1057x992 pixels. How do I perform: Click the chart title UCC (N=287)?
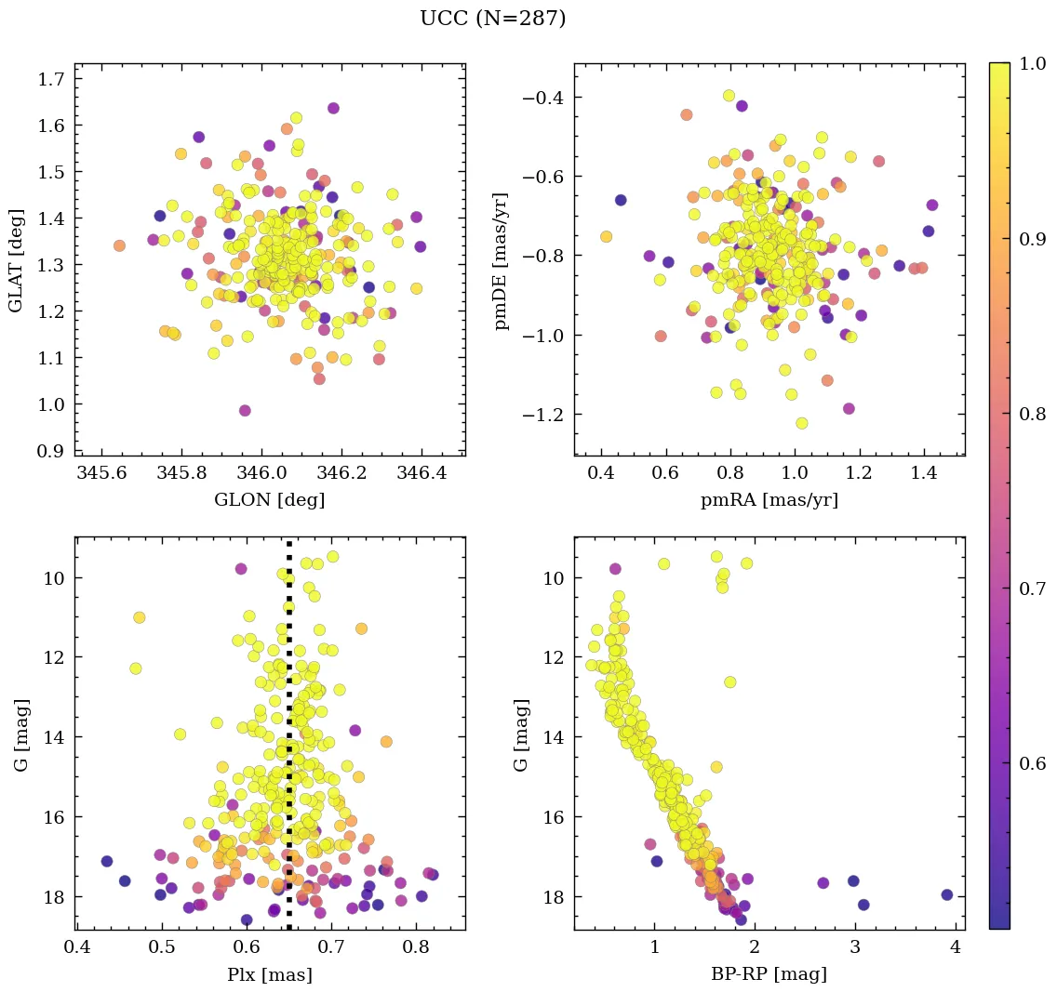coord(492,19)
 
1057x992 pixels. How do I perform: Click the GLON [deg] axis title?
coord(270,500)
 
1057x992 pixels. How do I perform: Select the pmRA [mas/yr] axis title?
coord(769,500)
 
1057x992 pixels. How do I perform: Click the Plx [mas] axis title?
coord(270,974)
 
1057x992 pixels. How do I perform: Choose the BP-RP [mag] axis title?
coord(769,974)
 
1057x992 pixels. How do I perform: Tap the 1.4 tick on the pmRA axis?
coord(924,473)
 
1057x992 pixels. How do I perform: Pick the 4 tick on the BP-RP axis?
coord(956,947)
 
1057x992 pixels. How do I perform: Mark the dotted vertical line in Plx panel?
coord(289,744)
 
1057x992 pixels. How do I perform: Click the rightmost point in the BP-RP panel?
coord(947,894)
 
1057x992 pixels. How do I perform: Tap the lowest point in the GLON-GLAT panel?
coord(245,411)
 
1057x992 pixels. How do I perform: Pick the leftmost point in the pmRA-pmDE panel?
coord(606,237)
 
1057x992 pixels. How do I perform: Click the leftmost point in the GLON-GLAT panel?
coord(119,245)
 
